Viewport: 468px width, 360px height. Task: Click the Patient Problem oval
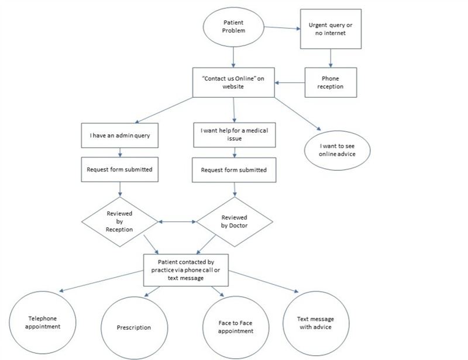(233, 27)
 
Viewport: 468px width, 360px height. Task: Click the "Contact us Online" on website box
(233, 82)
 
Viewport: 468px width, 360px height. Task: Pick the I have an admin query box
(120, 135)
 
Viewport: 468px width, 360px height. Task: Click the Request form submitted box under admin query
(120, 169)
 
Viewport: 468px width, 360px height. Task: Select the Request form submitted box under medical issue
(234, 170)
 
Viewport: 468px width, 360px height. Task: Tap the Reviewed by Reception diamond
(120, 221)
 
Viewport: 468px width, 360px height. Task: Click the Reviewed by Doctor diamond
(234, 221)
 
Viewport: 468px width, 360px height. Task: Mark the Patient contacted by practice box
(185, 270)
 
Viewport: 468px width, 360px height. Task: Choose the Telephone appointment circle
(44, 323)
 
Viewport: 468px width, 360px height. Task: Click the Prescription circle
(134, 327)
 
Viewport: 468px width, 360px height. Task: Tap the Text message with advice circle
(315, 323)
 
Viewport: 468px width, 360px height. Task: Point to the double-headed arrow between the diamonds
(177, 222)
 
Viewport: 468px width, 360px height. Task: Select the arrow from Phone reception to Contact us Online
(290, 82)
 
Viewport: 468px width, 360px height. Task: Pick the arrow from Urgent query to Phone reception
(331, 57)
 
